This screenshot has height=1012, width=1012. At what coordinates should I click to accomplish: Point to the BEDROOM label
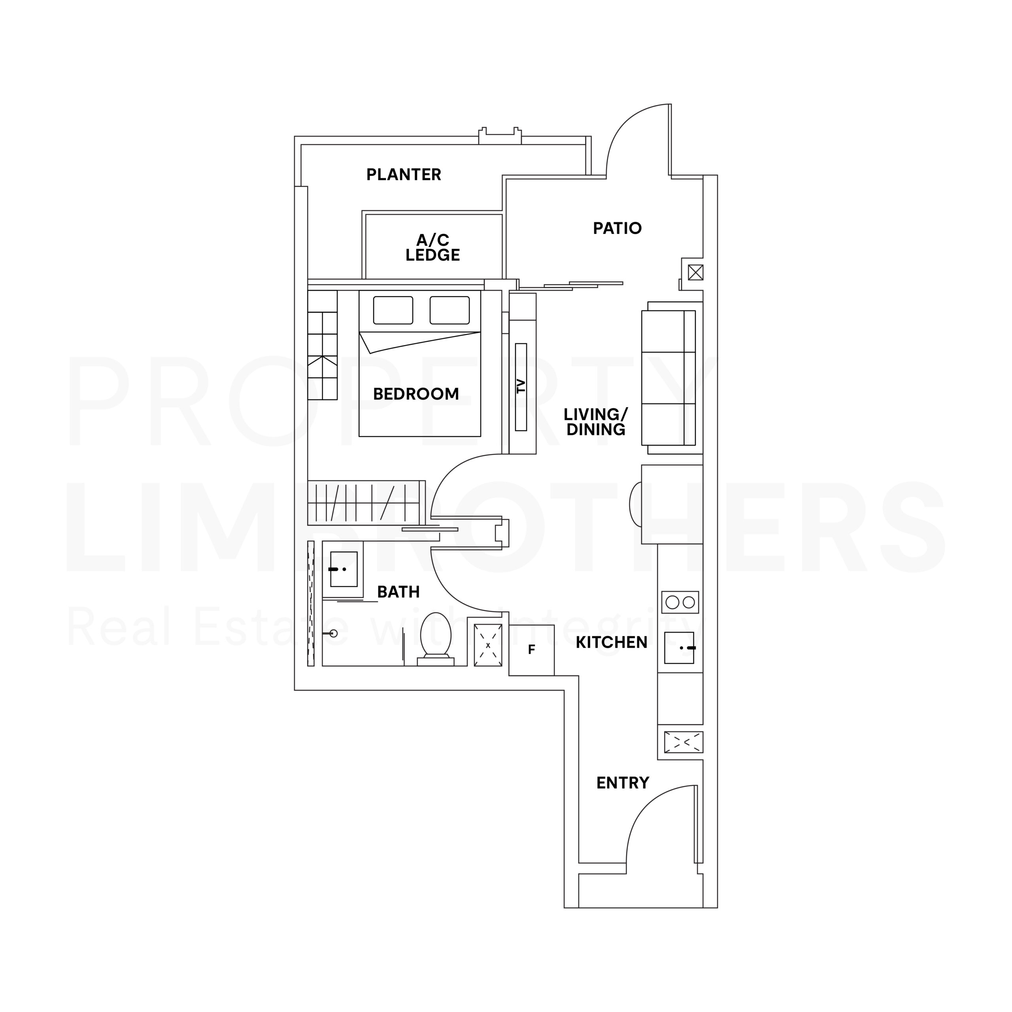[x=416, y=394]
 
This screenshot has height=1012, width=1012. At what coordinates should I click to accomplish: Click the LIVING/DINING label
[x=596, y=422]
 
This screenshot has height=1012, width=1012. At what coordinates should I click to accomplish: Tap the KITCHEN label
[x=611, y=642]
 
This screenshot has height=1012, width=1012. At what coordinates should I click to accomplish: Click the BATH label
[x=398, y=592]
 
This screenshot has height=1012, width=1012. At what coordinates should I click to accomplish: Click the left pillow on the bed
[x=393, y=310]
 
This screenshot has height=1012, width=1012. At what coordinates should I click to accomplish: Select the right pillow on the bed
[x=449, y=310]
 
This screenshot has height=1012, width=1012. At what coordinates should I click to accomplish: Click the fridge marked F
[x=531, y=650]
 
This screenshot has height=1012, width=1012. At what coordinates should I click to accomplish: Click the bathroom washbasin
[x=344, y=569]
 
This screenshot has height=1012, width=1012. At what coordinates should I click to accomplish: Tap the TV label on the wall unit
[x=521, y=387]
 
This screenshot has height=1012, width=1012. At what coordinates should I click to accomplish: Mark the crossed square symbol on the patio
[x=695, y=272]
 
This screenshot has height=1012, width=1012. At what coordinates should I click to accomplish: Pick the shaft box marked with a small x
[x=488, y=645]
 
